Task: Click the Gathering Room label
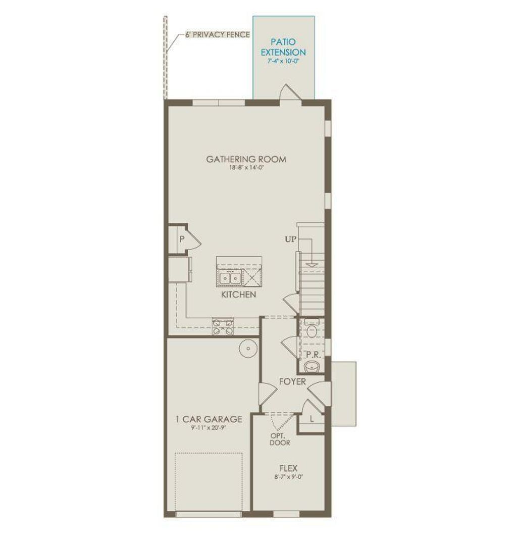point(246,159)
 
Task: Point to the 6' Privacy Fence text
point(217,35)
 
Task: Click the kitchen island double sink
point(230,277)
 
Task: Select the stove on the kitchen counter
point(223,327)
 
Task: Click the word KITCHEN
point(238,294)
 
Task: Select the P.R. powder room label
point(314,354)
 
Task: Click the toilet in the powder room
point(312,331)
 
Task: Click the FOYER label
point(292,381)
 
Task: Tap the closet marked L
point(312,419)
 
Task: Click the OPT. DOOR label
point(280,438)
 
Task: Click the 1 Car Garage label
point(209,419)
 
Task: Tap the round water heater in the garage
point(248,349)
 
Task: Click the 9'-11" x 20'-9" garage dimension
point(209,428)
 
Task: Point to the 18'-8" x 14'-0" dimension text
point(246,168)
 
